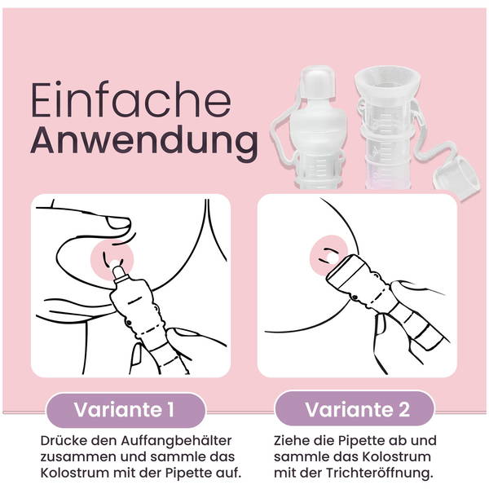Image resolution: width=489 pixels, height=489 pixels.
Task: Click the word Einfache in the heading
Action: (x=131, y=99)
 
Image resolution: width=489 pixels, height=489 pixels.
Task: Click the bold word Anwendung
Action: (x=144, y=141)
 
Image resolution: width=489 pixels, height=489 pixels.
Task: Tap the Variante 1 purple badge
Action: (x=126, y=410)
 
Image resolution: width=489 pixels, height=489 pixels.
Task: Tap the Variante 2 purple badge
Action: (x=355, y=409)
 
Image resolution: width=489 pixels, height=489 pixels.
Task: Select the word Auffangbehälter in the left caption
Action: (x=176, y=441)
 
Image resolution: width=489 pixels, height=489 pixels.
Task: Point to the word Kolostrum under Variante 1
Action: (x=75, y=473)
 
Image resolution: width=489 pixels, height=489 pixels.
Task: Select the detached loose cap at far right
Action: (x=456, y=177)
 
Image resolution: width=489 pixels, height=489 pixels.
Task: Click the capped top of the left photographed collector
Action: (x=316, y=81)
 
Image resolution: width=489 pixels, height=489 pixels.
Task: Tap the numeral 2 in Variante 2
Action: (x=403, y=409)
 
